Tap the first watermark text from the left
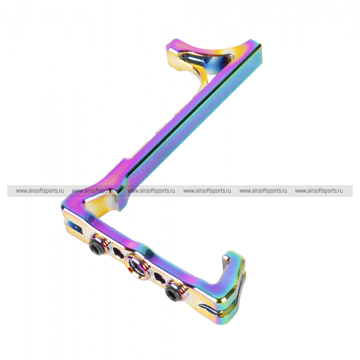click(x=40, y=191)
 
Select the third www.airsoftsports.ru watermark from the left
click(x=151, y=191)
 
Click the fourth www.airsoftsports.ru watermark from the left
click(x=207, y=191)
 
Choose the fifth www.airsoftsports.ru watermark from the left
click(x=263, y=191)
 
